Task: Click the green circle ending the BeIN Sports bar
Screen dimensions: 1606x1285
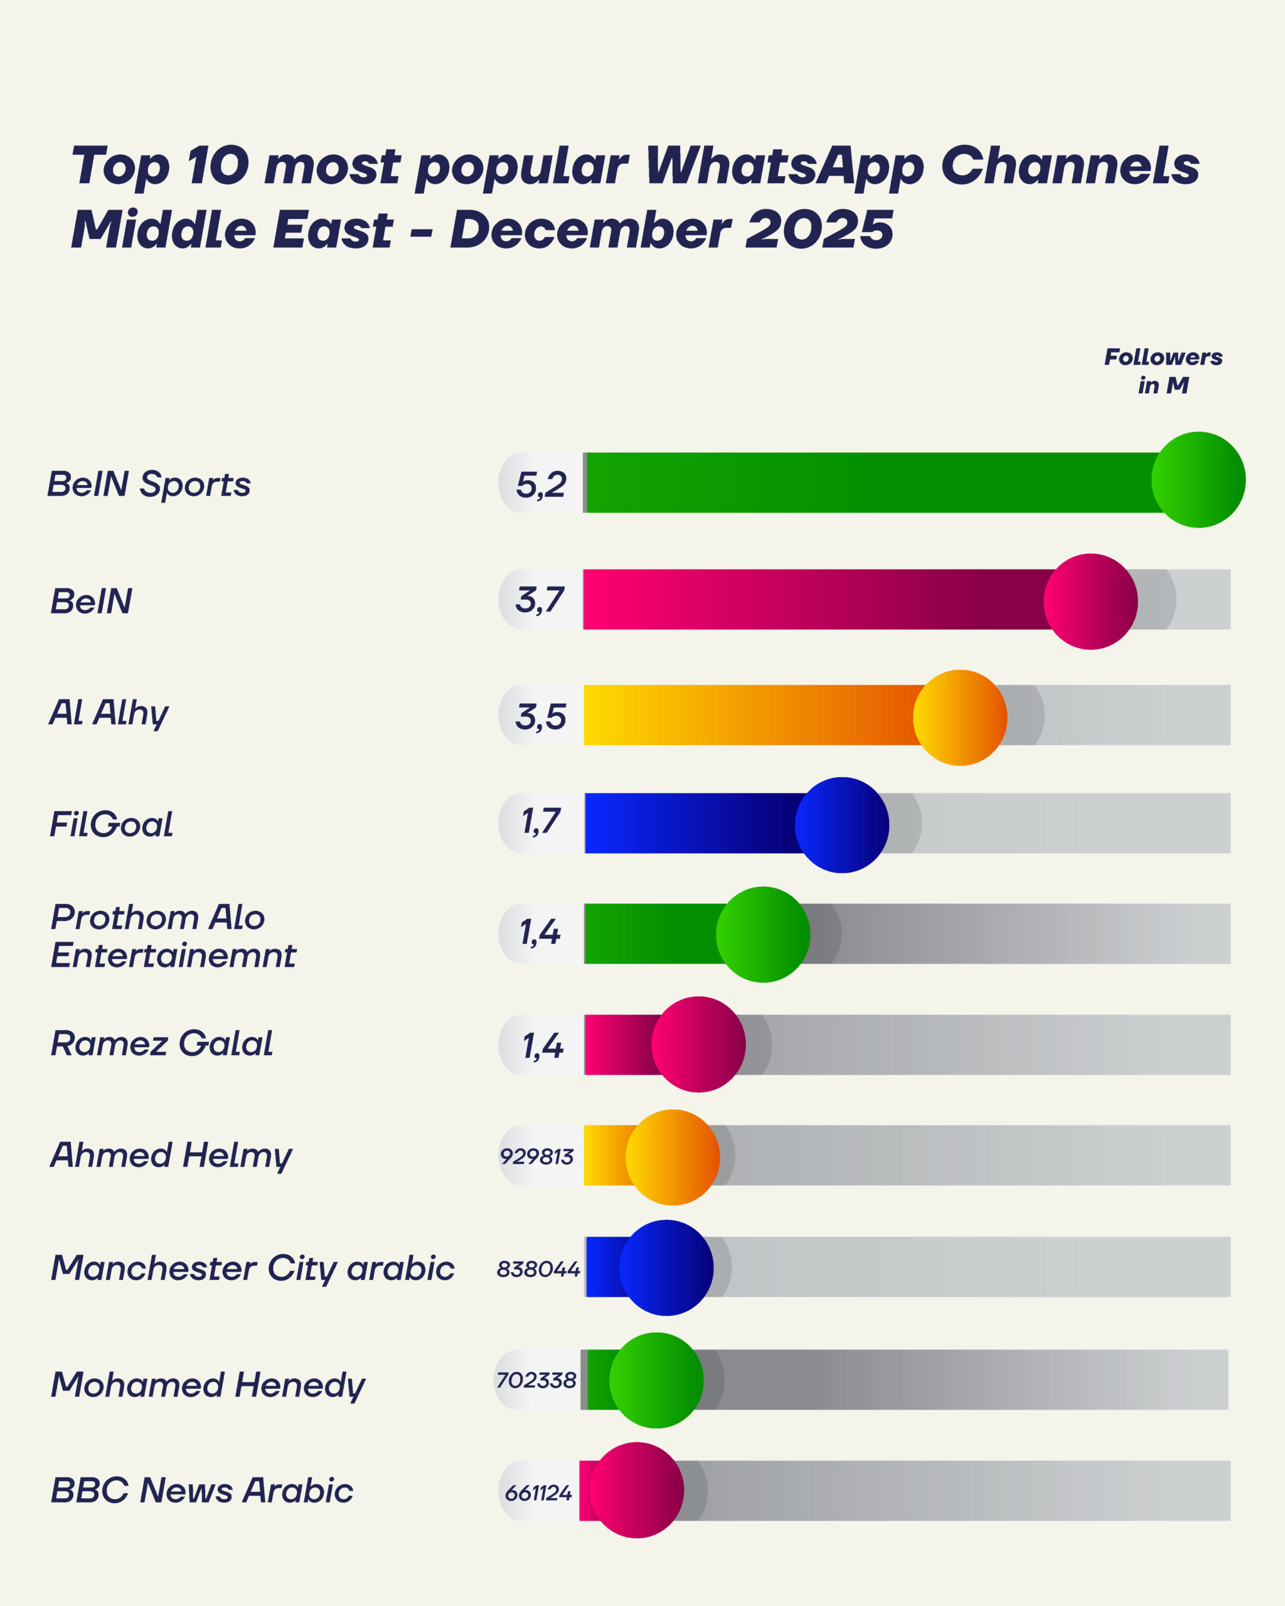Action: pyautogui.click(x=1198, y=480)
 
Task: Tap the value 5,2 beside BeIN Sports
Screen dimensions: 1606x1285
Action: pyautogui.click(x=541, y=485)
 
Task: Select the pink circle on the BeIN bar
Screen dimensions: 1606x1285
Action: pyautogui.click(x=1090, y=601)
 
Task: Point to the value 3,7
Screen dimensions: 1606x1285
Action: pyautogui.click(x=540, y=600)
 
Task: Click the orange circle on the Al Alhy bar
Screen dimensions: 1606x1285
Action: pyautogui.click(x=959, y=717)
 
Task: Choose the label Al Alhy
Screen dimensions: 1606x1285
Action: pyautogui.click(x=109, y=713)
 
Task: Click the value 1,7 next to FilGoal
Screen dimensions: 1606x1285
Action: pyautogui.click(x=540, y=822)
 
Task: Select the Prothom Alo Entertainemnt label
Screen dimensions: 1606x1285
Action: pyautogui.click(x=173, y=935)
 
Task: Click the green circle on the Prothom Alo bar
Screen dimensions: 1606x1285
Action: pyautogui.click(x=762, y=934)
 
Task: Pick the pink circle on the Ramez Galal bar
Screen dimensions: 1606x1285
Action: pyautogui.click(x=698, y=1045)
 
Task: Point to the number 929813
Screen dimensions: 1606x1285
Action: pyautogui.click(x=536, y=1157)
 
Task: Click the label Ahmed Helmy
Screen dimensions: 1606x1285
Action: pyautogui.click(x=171, y=1156)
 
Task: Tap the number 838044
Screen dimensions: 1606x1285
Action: pyautogui.click(x=538, y=1269)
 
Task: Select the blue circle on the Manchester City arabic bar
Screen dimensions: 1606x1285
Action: pyautogui.click(x=666, y=1268)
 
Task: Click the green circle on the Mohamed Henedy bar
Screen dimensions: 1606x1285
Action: pyautogui.click(x=656, y=1380)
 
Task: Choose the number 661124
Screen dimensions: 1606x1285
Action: pyautogui.click(x=538, y=1494)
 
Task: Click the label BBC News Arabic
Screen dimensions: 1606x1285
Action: pyautogui.click(x=201, y=1491)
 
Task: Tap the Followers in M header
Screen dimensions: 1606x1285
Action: pyautogui.click(x=1162, y=371)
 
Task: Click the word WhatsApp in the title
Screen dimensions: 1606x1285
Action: pyautogui.click(x=784, y=166)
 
